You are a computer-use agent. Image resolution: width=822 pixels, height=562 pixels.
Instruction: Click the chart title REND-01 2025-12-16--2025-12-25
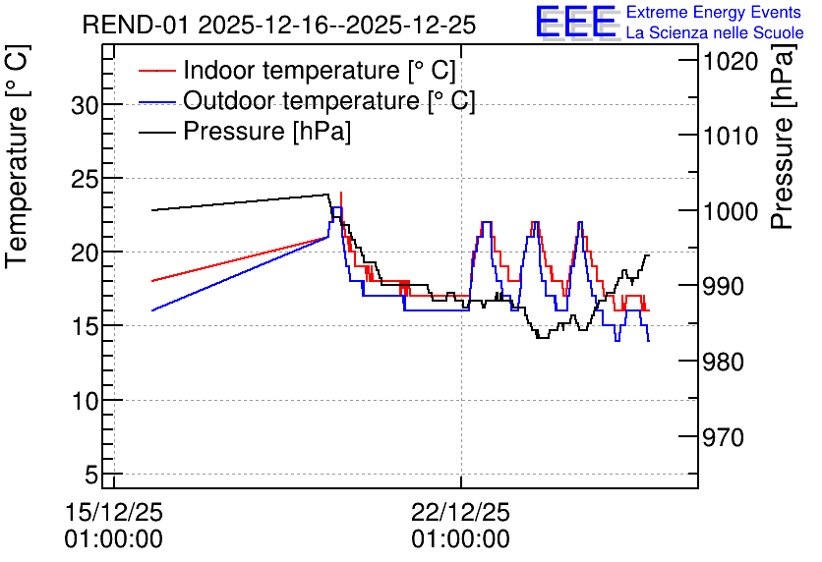[279, 26]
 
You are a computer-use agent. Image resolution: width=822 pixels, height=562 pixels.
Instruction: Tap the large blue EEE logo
[576, 22]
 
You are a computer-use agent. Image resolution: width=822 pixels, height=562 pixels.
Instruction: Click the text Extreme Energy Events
[714, 12]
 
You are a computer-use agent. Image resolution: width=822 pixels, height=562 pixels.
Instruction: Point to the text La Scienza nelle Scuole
[715, 33]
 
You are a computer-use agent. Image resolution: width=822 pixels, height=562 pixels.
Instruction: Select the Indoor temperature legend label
[320, 70]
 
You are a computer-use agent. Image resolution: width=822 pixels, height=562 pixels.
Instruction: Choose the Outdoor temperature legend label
[329, 100]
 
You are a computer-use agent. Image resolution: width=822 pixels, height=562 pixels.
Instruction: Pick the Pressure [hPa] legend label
[266, 131]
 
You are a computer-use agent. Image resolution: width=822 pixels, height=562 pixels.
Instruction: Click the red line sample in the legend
[156, 70]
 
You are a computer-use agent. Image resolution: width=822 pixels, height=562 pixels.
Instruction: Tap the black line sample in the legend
[156, 132]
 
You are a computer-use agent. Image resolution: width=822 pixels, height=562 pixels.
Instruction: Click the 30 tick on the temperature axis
[85, 106]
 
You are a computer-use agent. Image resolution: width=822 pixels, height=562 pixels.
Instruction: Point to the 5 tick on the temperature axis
[91, 476]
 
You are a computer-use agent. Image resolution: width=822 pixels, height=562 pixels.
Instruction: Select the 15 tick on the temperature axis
[85, 327]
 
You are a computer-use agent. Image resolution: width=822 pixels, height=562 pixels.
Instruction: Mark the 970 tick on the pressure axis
[723, 437]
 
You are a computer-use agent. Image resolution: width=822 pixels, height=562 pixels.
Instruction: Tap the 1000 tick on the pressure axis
[731, 211]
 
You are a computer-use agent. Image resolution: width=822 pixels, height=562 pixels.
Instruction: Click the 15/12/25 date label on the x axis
[114, 512]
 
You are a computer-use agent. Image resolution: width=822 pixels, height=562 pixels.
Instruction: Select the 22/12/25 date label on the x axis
[460, 512]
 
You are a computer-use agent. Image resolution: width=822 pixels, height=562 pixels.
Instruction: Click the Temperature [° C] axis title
[17, 156]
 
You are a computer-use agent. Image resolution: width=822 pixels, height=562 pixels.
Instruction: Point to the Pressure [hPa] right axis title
[783, 138]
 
